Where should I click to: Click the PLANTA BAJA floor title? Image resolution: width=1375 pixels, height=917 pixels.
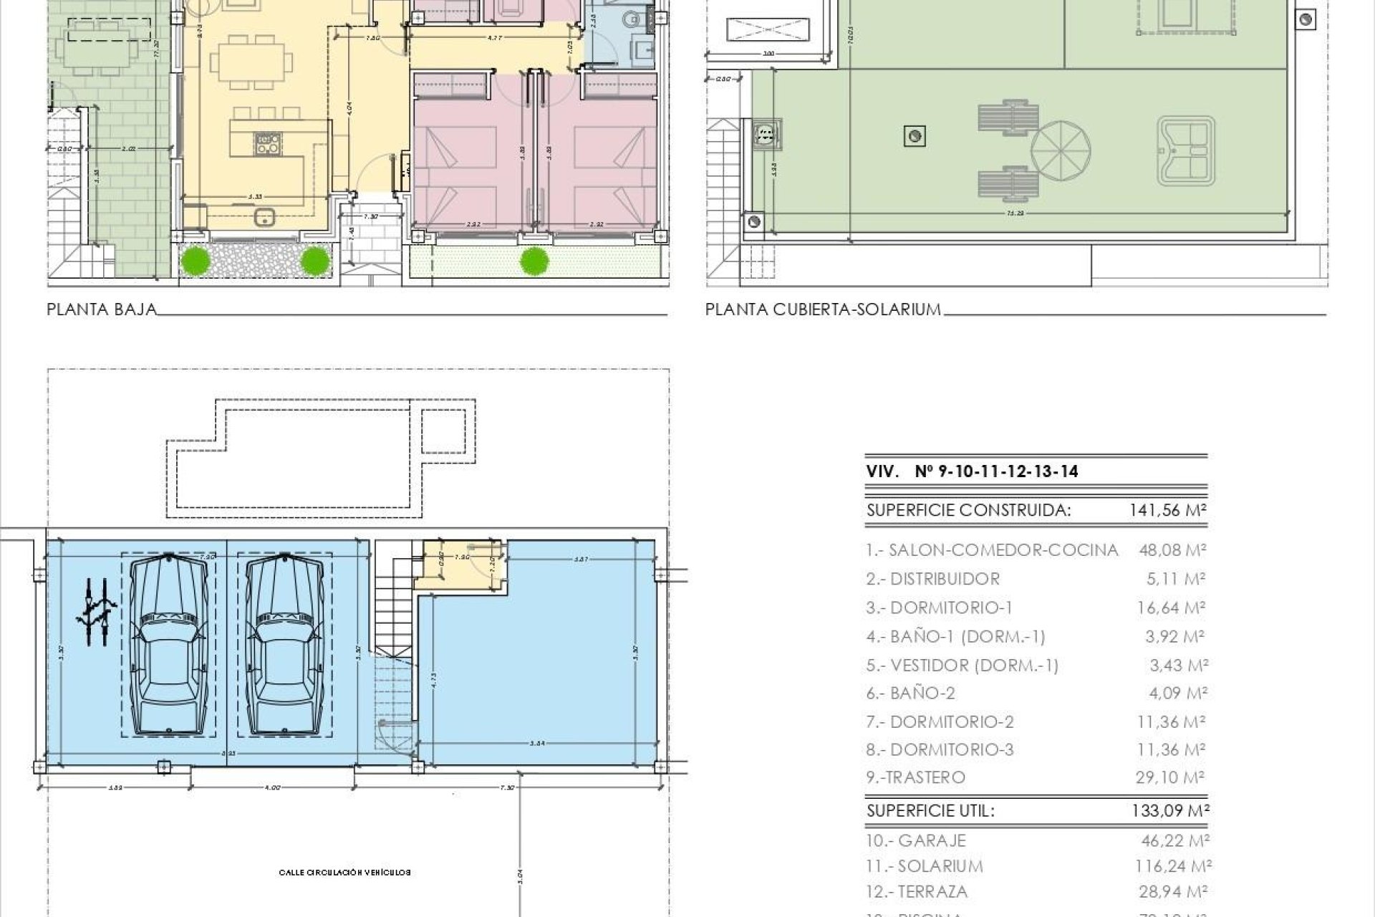coord(101,309)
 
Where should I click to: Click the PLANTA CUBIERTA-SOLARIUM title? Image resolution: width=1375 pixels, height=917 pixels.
coord(823,309)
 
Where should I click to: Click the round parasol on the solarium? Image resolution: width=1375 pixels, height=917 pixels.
coord(1061,151)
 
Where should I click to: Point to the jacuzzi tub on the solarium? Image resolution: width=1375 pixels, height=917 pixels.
coord(1185,151)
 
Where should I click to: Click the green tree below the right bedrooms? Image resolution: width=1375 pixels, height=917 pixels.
coord(531,261)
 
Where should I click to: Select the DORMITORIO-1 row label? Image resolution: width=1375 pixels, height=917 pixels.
coord(939,608)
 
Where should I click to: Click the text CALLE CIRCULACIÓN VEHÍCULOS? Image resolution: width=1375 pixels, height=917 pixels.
coord(345,873)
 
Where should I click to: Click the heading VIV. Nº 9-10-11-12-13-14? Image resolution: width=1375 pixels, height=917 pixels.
coord(973,471)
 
